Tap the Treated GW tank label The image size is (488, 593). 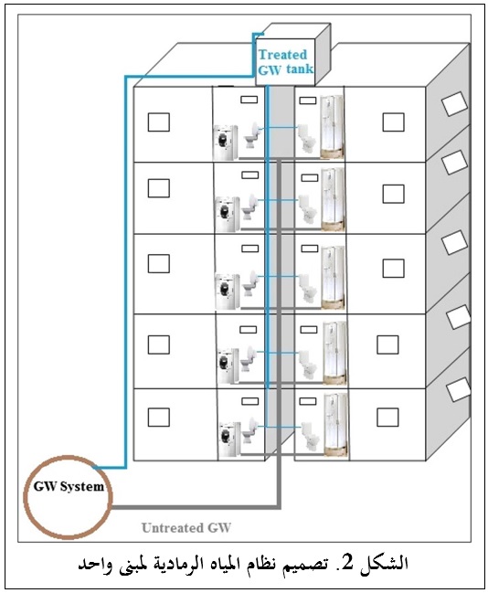[x=286, y=62]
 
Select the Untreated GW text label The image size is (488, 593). [x=186, y=527]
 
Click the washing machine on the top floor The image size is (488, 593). [x=226, y=143]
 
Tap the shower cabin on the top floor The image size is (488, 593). [x=333, y=127]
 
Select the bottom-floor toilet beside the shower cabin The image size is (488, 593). [x=311, y=437]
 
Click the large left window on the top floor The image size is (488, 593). [x=158, y=122]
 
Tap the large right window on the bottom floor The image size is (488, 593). [x=387, y=418]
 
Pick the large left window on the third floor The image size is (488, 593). [x=158, y=263]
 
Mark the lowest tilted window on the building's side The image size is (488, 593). [x=459, y=389]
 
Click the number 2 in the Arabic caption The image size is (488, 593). [x=348, y=563]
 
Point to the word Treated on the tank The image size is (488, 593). [x=282, y=55]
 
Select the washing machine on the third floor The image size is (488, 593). [x=228, y=291]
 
